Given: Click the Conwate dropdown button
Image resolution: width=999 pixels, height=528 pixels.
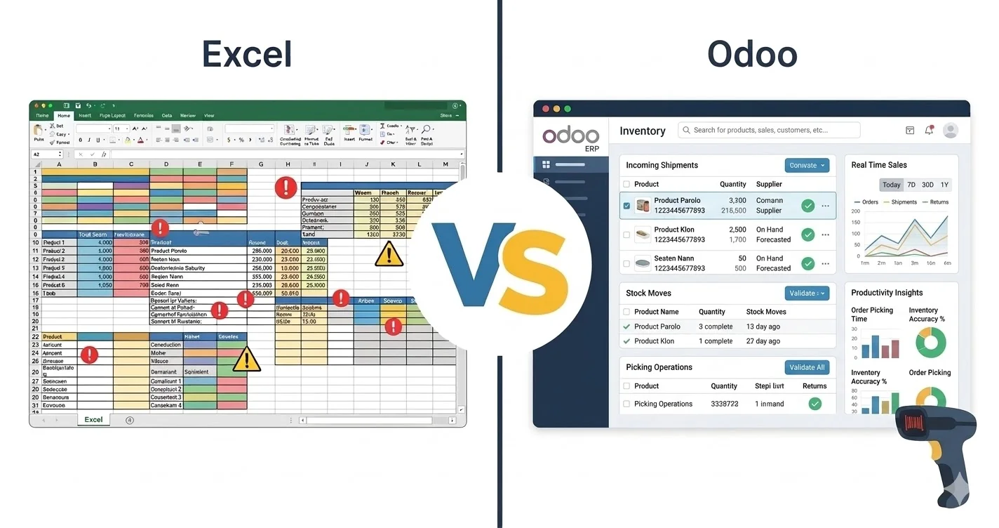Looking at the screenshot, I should point(807,165).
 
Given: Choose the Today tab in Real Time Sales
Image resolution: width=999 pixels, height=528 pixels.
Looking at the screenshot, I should point(891,185).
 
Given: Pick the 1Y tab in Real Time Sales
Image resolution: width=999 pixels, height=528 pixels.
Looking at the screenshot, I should point(944,185).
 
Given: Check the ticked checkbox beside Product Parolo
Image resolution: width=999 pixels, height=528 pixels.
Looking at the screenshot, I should point(626,206).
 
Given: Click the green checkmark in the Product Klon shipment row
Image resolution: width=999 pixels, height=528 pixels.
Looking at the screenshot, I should point(808,235).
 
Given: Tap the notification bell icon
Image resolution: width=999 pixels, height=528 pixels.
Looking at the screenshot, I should point(929,130).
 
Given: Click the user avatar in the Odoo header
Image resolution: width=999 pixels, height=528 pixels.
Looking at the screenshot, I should point(951,130).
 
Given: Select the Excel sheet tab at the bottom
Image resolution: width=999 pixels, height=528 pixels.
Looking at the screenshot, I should point(93,420).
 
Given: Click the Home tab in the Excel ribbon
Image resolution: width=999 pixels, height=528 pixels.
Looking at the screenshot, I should point(64,115).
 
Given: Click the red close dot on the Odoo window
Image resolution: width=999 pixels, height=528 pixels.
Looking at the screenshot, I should point(545,109).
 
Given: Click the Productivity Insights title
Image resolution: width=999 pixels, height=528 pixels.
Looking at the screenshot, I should point(887,293).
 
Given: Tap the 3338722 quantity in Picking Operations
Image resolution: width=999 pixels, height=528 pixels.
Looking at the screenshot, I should point(724,404).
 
